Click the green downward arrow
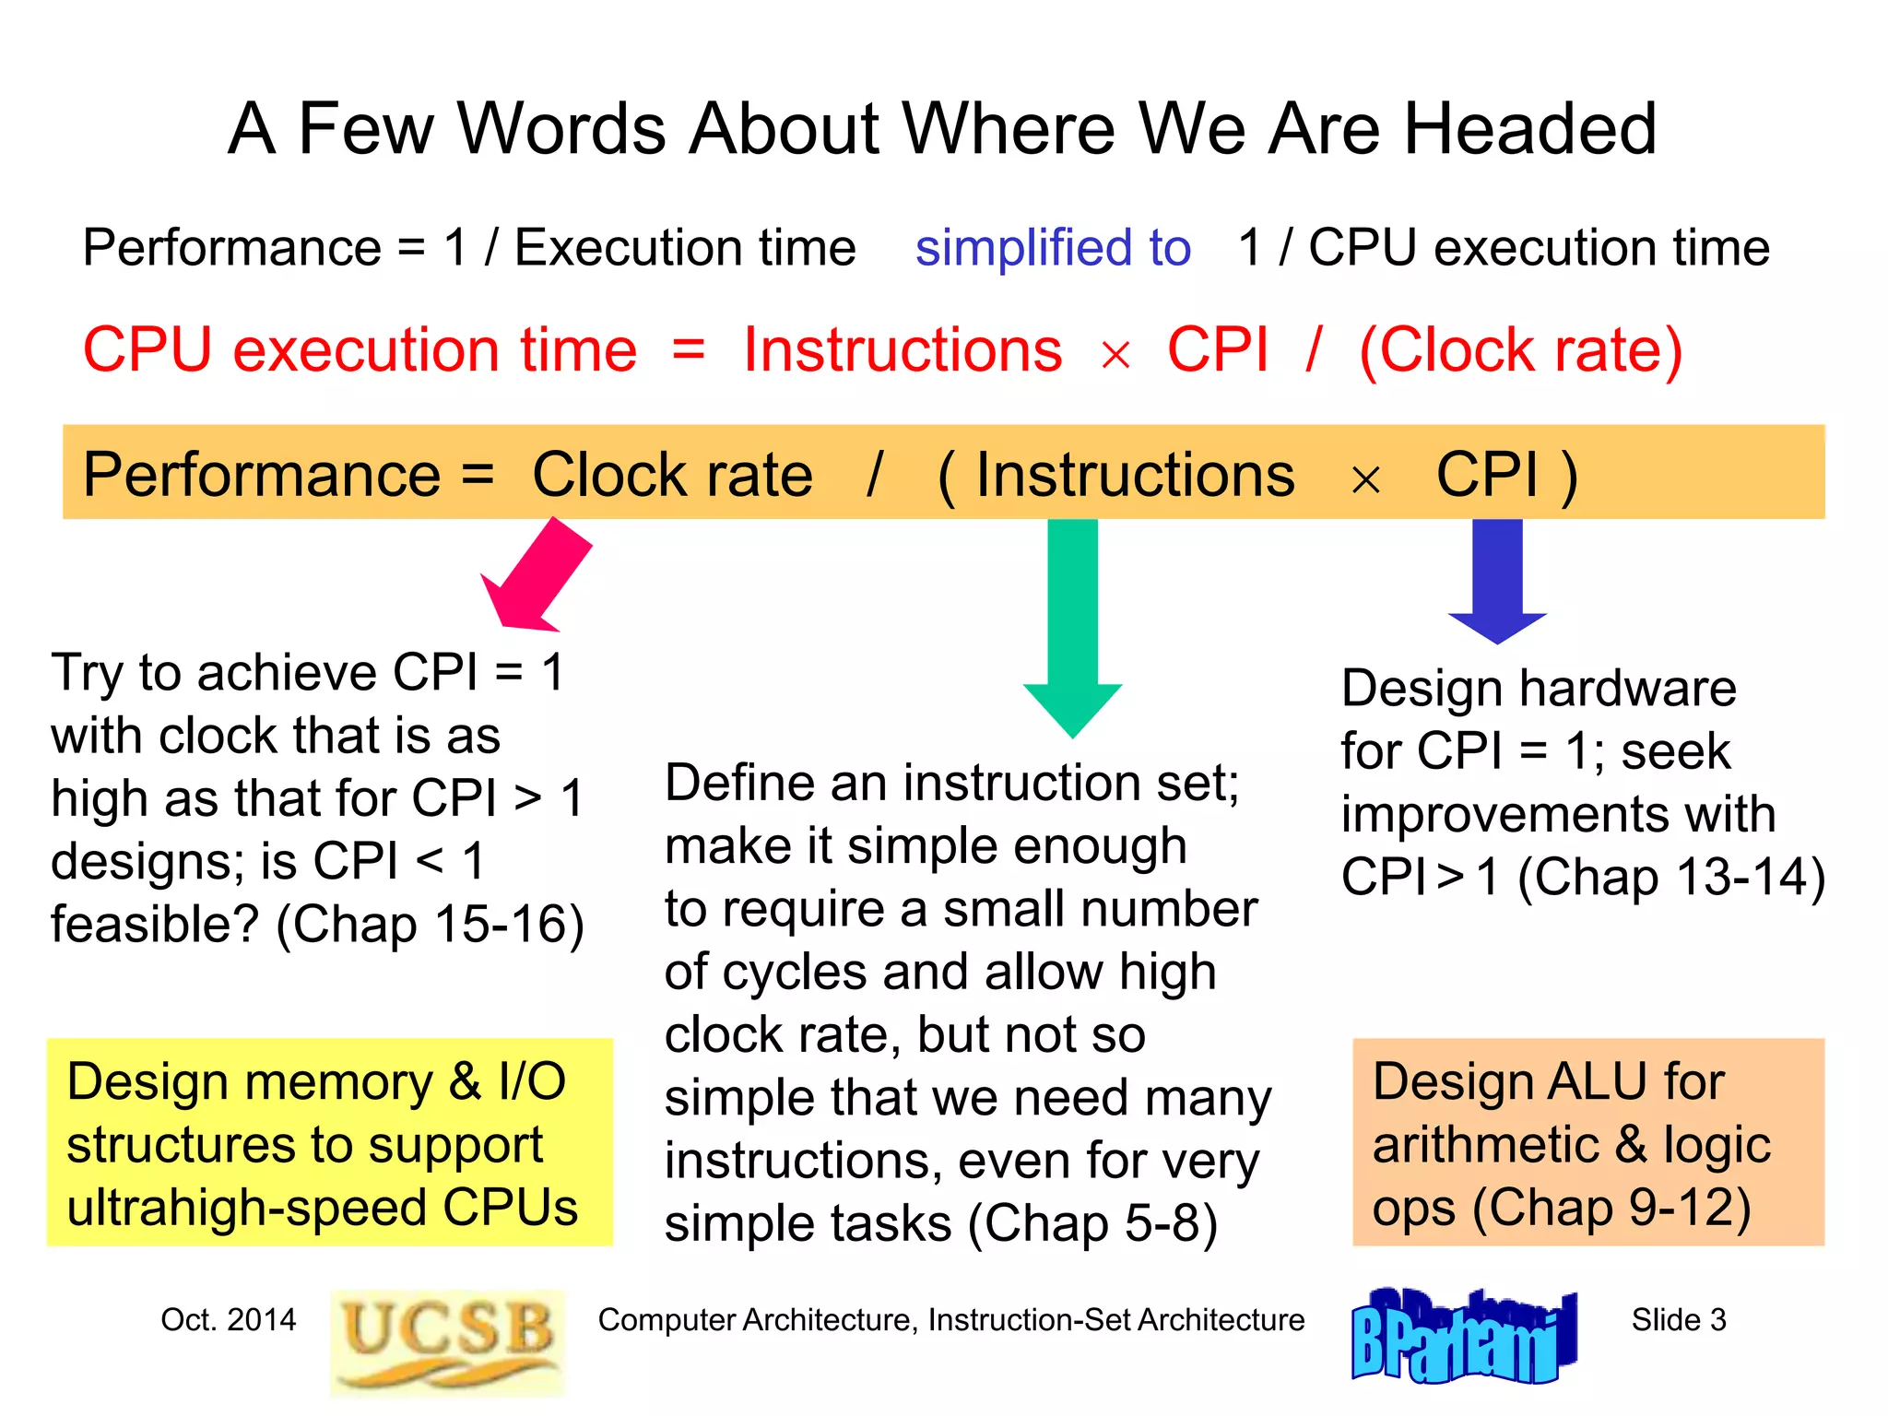click(x=1072, y=627)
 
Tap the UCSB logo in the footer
click(x=447, y=1341)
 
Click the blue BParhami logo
click(x=1463, y=1338)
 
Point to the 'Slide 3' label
click(x=1678, y=1320)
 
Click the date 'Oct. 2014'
click(x=228, y=1320)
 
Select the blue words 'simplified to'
click(x=1053, y=248)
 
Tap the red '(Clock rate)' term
click(x=1520, y=350)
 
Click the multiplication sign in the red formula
click(x=1115, y=355)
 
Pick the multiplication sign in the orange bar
click(x=1365, y=479)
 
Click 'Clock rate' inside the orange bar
click(x=672, y=475)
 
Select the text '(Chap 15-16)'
click(x=430, y=925)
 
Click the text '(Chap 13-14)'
click(x=1671, y=877)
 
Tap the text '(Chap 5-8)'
click(x=1092, y=1224)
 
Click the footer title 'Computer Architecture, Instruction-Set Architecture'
click(x=950, y=1320)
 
